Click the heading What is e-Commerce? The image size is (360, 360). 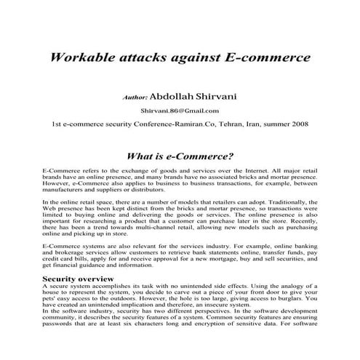[180, 155]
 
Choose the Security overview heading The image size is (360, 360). [76, 278]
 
